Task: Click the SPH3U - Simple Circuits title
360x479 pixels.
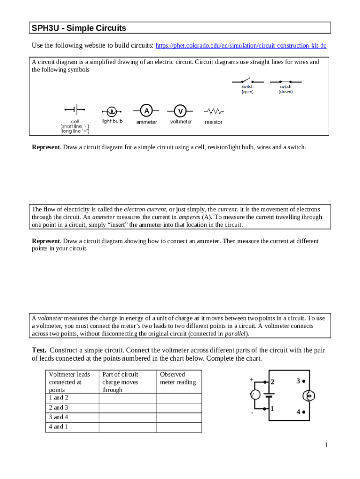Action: coord(79,28)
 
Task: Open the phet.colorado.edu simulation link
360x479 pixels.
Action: coord(241,46)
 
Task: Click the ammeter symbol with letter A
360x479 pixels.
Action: coord(146,111)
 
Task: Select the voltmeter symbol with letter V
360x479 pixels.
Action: coord(180,111)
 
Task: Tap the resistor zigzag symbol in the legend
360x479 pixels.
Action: coord(214,111)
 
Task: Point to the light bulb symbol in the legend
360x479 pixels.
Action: coord(112,111)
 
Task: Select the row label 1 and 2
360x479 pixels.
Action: coord(58,398)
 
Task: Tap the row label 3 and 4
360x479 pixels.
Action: coord(58,417)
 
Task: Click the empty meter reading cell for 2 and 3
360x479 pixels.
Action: coord(179,407)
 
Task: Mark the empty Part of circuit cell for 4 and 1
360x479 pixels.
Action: coord(127,427)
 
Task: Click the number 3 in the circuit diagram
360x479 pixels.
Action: coord(298,381)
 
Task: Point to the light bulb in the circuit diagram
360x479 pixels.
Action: coord(309,396)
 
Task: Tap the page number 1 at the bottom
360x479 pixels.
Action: coord(326,445)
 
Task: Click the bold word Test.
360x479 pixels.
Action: coord(39,350)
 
